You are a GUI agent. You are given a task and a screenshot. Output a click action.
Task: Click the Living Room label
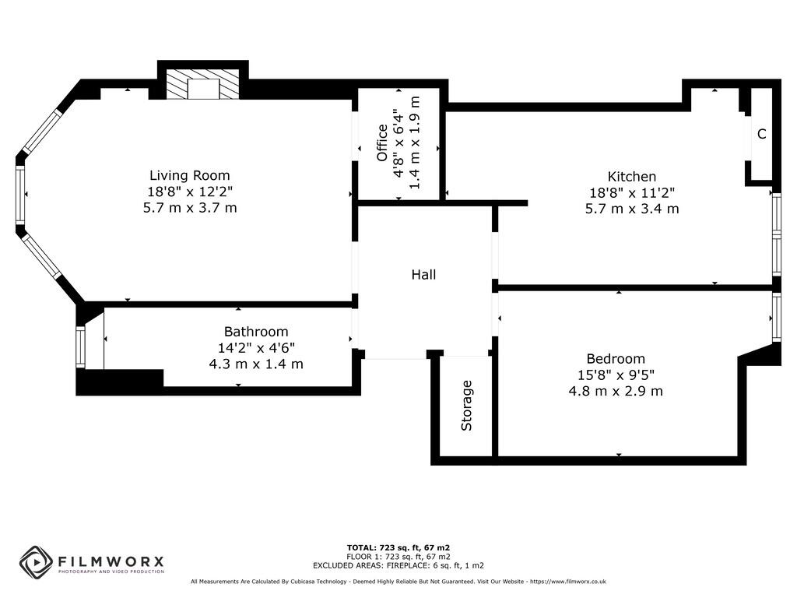pyautogui.click(x=190, y=176)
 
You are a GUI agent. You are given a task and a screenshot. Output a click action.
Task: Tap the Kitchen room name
pyautogui.click(x=631, y=177)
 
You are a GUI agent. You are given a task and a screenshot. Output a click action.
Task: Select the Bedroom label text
pyautogui.click(x=616, y=359)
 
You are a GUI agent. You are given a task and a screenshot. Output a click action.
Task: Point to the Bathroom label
pyautogui.click(x=256, y=332)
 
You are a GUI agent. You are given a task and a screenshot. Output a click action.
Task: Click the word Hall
pyautogui.click(x=423, y=275)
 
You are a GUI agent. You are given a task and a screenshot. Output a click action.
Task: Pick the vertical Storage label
pyautogui.click(x=467, y=405)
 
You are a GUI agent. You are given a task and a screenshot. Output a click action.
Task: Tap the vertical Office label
pyautogui.click(x=382, y=142)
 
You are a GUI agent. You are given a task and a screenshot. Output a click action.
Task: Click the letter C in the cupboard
pyautogui.click(x=761, y=134)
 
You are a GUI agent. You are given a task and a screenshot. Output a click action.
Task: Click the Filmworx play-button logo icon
pyautogui.click(x=36, y=562)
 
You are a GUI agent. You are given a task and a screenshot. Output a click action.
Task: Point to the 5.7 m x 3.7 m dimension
pyautogui.click(x=190, y=208)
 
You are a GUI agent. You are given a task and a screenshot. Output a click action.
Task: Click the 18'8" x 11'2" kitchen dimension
pyautogui.click(x=631, y=193)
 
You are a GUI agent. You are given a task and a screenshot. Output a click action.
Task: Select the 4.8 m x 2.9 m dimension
pyautogui.click(x=616, y=391)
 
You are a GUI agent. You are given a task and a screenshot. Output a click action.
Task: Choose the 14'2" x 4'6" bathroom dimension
pyautogui.click(x=256, y=348)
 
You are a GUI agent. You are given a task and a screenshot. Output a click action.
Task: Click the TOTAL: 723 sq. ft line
pyautogui.click(x=398, y=547)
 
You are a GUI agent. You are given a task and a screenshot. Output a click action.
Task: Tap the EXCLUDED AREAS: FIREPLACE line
pyautogui.click(x=398, y=566)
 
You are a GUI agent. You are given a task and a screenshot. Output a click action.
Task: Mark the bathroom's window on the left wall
pyautogui.click(x=80, y=347)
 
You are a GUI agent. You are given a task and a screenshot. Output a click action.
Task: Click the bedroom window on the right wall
pyautogui.click(x=776, y=317)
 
